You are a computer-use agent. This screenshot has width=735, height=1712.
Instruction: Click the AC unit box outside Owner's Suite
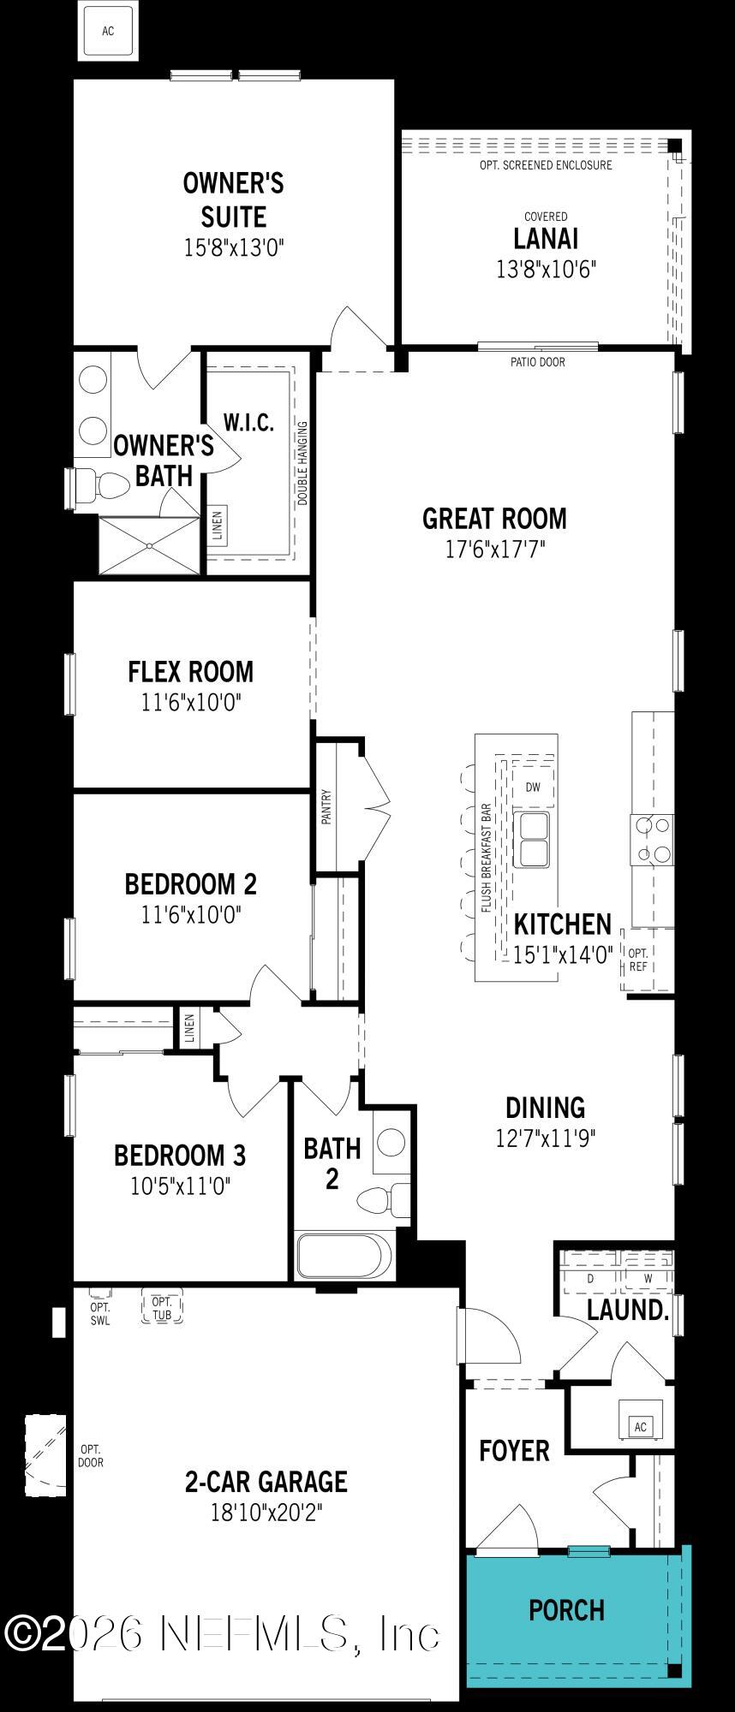tap(108, 32)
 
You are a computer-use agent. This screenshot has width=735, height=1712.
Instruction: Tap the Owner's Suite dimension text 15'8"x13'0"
tap(233, 248)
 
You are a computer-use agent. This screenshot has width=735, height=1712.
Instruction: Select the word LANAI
tap(546, 238)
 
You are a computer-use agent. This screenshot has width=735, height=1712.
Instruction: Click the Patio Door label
tap(538, 362)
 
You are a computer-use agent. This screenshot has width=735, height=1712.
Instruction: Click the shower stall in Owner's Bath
tap(149, 544)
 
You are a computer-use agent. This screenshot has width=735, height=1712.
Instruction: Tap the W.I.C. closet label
tap(248, 422)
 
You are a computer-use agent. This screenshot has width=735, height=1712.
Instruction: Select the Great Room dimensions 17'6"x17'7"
tap(494, 549)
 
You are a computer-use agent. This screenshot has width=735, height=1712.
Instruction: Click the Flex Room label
tap(191, 672)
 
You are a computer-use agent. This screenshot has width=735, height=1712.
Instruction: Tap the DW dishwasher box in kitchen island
tap(533, 788)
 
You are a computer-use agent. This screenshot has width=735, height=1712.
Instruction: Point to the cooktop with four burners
tap(653, 840)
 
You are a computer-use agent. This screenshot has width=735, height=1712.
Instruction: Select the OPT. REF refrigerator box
tap(638, 960)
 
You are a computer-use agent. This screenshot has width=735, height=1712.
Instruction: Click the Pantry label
tap(326, 805)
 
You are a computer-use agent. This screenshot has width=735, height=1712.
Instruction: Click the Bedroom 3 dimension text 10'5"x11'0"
tap(181, 1186)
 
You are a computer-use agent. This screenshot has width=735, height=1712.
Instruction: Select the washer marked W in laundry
tap(648, 1278)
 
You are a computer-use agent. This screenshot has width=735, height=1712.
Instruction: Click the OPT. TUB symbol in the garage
tap(162, 1308)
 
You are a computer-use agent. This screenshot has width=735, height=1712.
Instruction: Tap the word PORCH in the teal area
tap(566, 1610)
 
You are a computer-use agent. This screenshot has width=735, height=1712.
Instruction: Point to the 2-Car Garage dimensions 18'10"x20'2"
tap(266, 1513)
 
